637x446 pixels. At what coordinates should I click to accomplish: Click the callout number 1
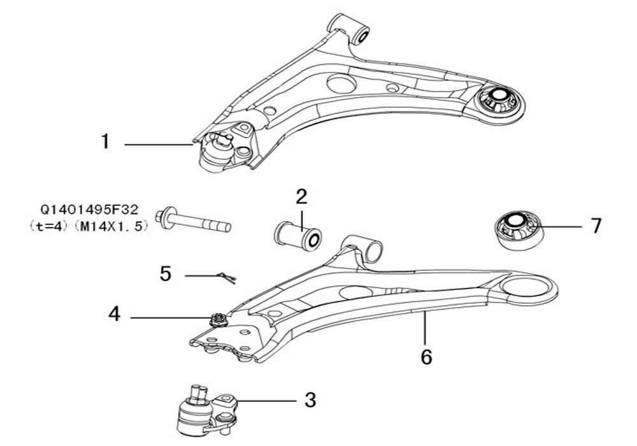coord(105,141)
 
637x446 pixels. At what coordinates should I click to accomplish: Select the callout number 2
coord(301,197)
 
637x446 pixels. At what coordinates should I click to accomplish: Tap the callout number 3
coord(310,400)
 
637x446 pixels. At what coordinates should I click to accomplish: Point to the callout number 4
coord(115,314)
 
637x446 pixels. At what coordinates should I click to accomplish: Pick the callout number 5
coord(166,274)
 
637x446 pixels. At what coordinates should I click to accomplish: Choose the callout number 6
coord(426,357)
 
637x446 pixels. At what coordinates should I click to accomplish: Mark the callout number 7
coord(596,226)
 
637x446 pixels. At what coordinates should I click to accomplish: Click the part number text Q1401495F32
coord(89,210)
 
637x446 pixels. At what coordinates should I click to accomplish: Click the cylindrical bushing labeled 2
coord(298,236)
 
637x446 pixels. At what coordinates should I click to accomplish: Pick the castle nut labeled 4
coord(218,319)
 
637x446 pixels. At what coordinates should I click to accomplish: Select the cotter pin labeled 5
coord(226,277)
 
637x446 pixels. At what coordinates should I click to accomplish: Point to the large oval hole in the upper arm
coord(341,83)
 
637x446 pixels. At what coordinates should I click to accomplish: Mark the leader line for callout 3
coord(266,401)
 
